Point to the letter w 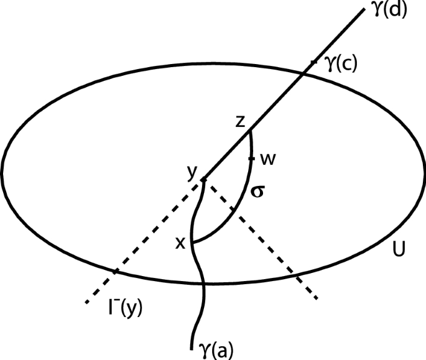269,159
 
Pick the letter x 181,243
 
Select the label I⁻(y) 123,307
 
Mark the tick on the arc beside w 252,159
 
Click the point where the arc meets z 249,131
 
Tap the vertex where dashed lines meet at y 203,180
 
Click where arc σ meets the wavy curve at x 193,242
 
